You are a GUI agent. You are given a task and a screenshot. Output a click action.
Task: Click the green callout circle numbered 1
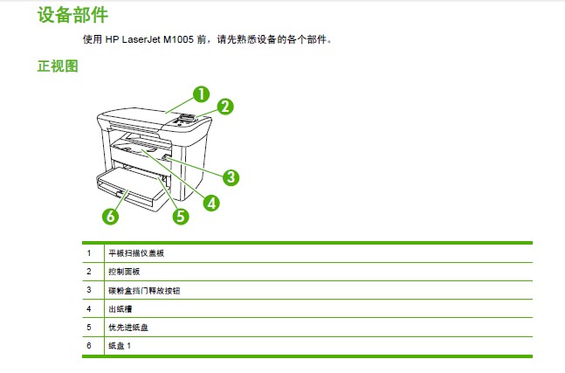point(201,94)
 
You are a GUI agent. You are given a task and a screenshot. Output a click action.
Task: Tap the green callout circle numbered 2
point(225,107)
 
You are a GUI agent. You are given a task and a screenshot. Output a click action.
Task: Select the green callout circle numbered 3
point(231,177)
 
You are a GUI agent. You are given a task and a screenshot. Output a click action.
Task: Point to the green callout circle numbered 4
point(211,203)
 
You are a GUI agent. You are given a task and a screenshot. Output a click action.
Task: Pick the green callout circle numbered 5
point(181,217)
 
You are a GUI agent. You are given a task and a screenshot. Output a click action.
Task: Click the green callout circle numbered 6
point(110,217)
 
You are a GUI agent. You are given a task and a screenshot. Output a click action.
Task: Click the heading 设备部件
point(72,15)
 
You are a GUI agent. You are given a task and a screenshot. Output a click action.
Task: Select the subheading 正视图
point(58,66)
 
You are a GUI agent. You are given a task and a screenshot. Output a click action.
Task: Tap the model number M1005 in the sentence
point(178,39)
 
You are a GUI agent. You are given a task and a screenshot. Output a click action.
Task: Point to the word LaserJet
point(141,39)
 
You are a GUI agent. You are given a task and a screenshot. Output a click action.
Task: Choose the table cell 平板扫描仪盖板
point(136,253)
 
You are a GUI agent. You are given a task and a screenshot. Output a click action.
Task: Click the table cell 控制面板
point(124,272)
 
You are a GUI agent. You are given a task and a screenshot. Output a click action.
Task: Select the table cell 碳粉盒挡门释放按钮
point(144,291)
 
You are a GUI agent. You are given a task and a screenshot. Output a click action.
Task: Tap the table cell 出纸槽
point(121,309)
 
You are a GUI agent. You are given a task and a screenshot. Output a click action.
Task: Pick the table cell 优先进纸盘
point(128,328)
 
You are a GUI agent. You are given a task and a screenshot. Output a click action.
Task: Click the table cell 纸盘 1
point(120,346)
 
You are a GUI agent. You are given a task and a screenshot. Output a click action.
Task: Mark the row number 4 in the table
point(89,309)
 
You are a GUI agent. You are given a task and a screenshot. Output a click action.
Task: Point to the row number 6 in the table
point(89,346)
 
